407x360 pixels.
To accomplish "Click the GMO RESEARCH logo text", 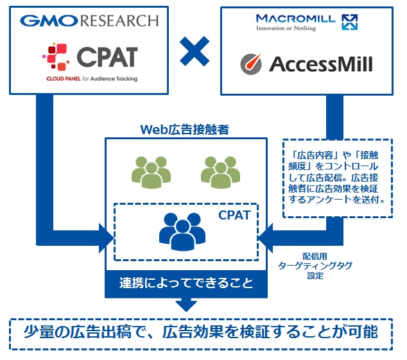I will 89,21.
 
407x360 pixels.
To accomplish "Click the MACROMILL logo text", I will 295,19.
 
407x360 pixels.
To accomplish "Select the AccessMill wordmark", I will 319,64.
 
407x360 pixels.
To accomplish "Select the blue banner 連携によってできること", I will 186,283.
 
